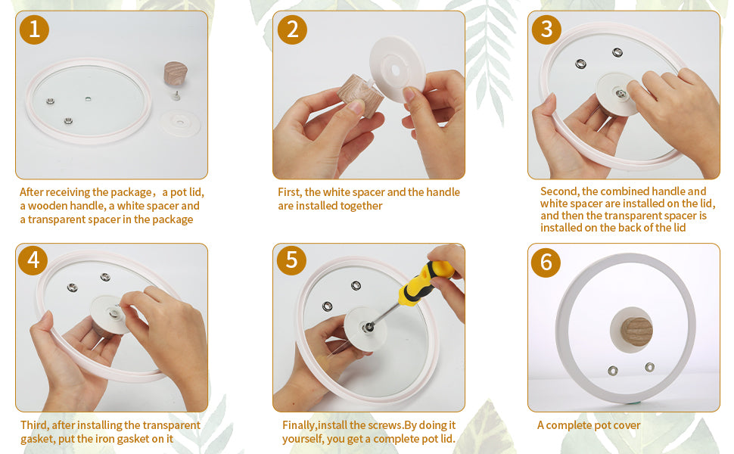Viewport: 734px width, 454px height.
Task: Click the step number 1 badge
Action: pyautogui.click(x=34, y=30)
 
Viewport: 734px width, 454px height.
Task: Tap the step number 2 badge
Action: pyautogui.click(x=292, y=30)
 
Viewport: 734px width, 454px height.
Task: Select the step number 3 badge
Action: pyautogui.click(x=546, y=30)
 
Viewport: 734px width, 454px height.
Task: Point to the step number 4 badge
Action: pyautogui.click(x=33, y=260)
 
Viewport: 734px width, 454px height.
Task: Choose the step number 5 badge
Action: pyautogui.click(x=291, y=260)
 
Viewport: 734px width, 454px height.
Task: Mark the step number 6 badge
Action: pyautogui.click(x=546, y=262)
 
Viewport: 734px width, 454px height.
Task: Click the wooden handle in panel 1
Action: pyautogui.click(x=176, y=73)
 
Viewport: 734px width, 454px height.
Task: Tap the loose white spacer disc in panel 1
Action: pyautogui.click(x=180, y=123)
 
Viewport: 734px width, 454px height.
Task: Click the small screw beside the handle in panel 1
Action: pyautogui.click(x=176, y=95)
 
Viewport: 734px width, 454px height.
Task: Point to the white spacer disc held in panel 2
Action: pyautogui.click(x=397, y=70)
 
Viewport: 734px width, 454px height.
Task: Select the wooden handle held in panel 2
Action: pyautogui.click(x=362, y=95)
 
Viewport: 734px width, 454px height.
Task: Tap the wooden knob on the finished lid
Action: pyautogui.click(x=636, y=331)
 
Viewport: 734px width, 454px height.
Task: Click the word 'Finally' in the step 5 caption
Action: pyautogui.click(x=299, y=425)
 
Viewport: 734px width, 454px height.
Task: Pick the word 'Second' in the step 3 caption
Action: pyautogui.click(x=559, y=191)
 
